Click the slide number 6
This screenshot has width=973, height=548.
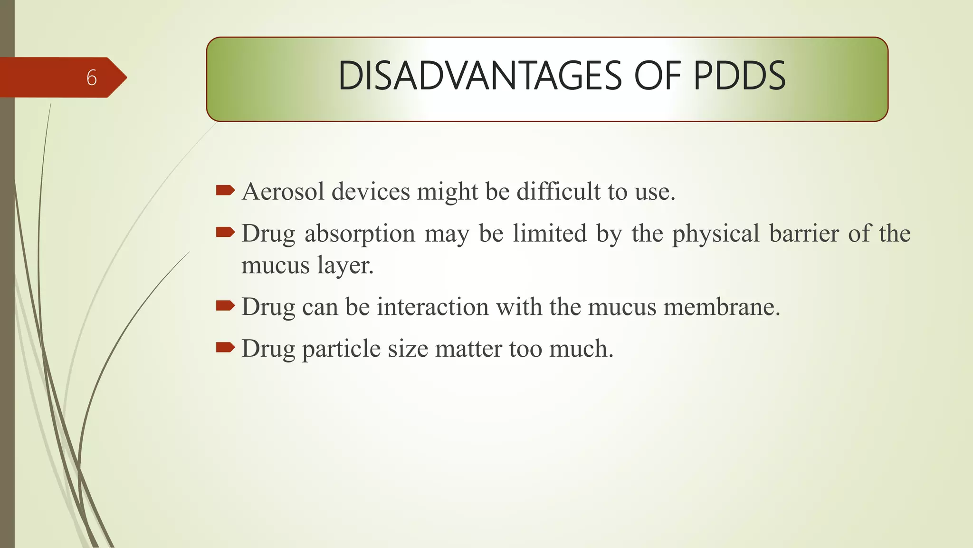tap(92, 78)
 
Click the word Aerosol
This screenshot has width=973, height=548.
tap(283, 192)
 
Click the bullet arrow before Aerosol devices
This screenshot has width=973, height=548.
tap(225, 191)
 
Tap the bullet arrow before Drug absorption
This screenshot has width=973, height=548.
tap(225, 233)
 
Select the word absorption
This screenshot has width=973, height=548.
tap(360, 234)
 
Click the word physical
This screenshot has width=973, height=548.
tap(715, 234)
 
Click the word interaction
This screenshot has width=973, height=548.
tap(433, 307)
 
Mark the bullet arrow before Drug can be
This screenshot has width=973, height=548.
tap(225, 306)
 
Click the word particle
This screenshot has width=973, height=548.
tap(341, 349)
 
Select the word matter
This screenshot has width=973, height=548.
tap(468, 349)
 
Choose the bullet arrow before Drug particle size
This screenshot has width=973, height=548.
tap(225, 348)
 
